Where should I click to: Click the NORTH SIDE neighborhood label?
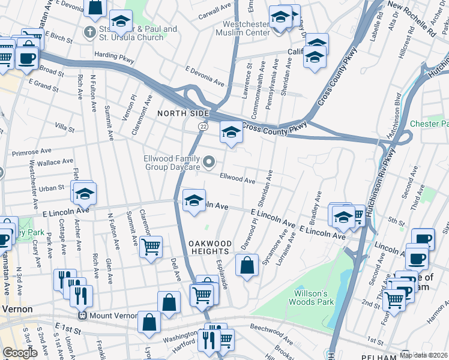coord(183,113)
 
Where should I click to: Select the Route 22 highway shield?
coord(203,127)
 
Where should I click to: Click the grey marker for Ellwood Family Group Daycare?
coord(209,161)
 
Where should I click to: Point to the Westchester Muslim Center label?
coord(246,28)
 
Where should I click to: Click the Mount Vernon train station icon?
coord(82,315)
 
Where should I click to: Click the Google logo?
coord(19,352)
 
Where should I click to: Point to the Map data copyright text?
coord(423,355)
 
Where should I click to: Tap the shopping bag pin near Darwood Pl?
coord(247,265)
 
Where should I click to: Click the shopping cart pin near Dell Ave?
coord(151,245)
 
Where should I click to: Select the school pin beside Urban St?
coord(85,193)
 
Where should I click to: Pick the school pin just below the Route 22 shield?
coord(231,132)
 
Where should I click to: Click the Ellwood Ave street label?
coord(238,178)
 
